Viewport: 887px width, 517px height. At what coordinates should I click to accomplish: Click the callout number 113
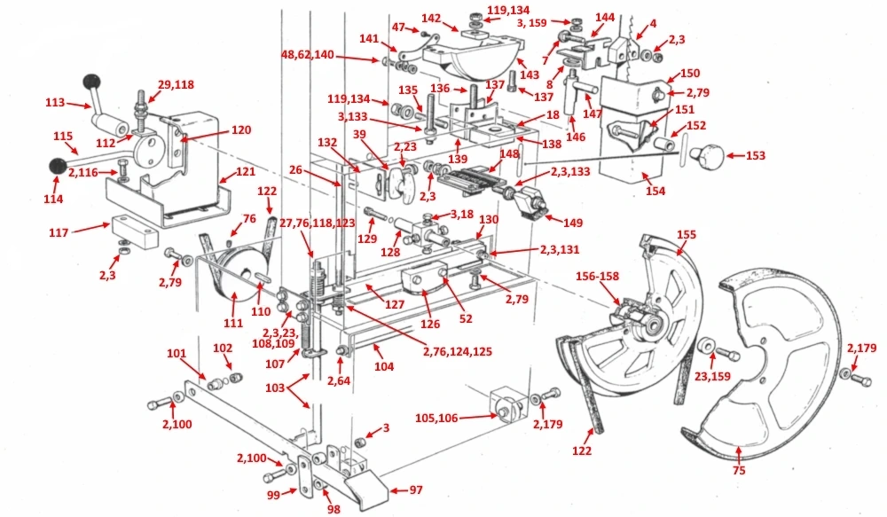tap(57, 102)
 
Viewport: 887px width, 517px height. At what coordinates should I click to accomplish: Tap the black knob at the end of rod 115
tap(58, 166)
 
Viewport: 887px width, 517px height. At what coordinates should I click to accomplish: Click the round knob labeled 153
tap(707, 159)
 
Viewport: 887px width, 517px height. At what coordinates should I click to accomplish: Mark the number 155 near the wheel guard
tap(687, 235)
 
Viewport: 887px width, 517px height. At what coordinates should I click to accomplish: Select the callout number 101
tap(178, 354)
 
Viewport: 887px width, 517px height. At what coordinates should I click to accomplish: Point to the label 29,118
tap(176, 84)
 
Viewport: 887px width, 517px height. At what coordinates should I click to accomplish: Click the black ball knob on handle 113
tap(90, 82)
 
